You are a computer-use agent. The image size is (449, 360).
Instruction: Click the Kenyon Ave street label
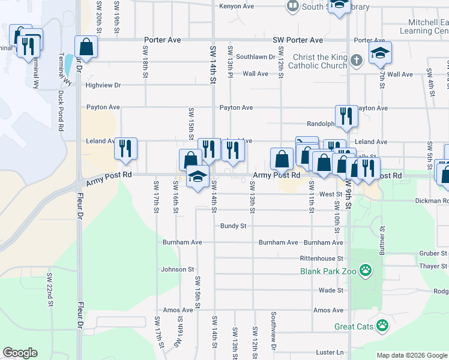tap(237, 6)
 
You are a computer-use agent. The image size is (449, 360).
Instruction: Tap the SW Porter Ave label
tap(298, 40)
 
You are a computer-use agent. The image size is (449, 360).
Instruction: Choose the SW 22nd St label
tap(50, 291)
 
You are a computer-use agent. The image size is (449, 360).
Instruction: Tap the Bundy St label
tap(234, 226)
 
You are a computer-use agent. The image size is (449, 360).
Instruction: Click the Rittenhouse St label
tap(321, 259)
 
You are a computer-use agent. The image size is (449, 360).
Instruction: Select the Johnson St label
tap(178, 270)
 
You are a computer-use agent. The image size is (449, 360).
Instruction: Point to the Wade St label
tap(331, 290)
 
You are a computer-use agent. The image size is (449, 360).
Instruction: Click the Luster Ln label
tap(331, 352)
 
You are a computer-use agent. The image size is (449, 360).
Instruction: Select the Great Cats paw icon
tap(383, 326)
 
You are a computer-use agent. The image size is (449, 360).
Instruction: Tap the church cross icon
tap(357, 61)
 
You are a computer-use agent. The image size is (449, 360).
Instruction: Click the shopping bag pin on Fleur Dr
tap(86, 47)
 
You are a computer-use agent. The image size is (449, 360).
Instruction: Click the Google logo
tap(20, 353)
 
